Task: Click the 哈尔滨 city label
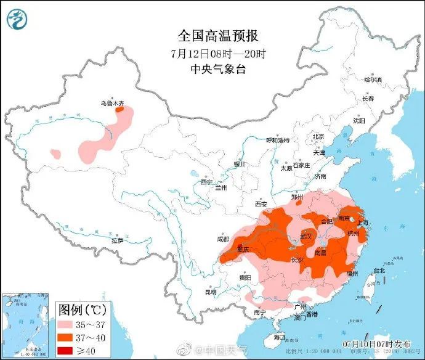point(373,80)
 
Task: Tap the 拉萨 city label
point(118,240)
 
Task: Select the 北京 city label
point(318,137)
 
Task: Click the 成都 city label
point(223,238)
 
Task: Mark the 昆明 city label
point(211,292)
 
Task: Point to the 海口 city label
point(278,337)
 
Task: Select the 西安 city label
point(261,203)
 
